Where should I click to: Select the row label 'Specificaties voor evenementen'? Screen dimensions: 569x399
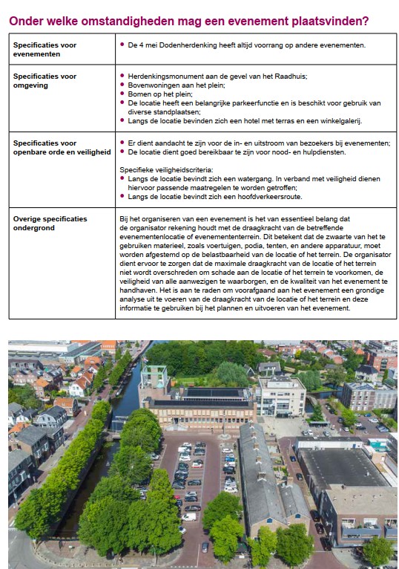[x=44, y=50]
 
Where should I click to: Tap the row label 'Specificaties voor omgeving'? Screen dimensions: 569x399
[x=44, y=81]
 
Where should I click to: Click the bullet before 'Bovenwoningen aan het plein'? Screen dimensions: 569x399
[x=122, y=85]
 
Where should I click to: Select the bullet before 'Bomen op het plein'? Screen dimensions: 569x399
[x=122, y=94]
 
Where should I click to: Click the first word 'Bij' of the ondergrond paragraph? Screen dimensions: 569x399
[x=124, y=219]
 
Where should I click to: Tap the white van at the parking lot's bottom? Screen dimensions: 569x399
[x=189, y=516]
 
